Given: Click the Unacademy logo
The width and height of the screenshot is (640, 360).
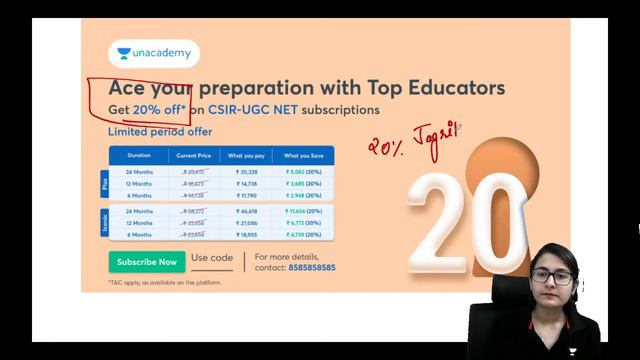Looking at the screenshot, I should point(153,54).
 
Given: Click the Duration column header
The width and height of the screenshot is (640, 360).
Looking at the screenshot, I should point(138,156).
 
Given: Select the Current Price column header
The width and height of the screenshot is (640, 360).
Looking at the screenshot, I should point(193,156).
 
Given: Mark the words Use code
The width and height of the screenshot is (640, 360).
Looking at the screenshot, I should point(212,258).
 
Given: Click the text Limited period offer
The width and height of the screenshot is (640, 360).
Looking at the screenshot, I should point(160,131).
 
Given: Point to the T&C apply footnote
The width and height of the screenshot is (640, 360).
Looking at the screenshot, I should point(165,283).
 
